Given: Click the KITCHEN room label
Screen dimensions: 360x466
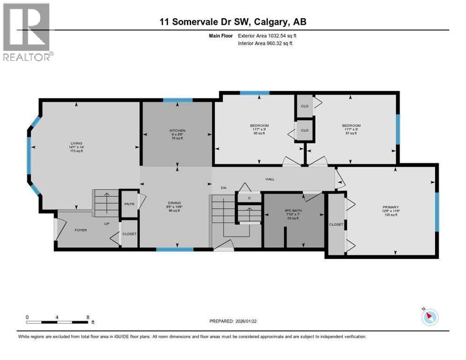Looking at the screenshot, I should click(178, 130).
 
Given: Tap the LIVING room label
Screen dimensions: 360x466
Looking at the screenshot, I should click(77, 143).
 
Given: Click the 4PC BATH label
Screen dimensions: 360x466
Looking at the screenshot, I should click(294, 210).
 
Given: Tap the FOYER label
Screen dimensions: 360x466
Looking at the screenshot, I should click(81, 230).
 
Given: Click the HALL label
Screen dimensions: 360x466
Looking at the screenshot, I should click(270, 179).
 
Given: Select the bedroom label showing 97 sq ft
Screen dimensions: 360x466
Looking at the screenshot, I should click(351, 126).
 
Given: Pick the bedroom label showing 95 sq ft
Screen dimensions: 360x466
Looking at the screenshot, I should click(259, 126).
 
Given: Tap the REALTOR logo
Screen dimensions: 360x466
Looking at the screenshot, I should click(27, 32).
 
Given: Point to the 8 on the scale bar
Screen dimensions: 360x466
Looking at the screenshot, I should click(88, 317).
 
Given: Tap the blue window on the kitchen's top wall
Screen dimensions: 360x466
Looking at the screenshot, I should click(178, 100).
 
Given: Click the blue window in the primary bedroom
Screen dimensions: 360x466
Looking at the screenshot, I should click(436, 212).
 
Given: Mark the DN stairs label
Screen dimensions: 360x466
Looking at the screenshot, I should click(224, 187).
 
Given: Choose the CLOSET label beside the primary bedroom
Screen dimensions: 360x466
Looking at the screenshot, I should click(336, 225).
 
